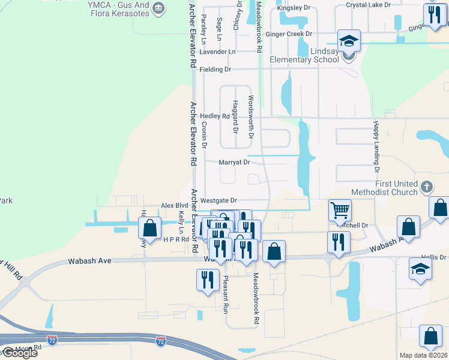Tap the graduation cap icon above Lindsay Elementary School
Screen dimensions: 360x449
tap(349, 41)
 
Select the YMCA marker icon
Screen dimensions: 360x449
tap(158, 7)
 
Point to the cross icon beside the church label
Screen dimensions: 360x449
tap(426, 186)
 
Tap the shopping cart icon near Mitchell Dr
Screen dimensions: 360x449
tap(340, 211)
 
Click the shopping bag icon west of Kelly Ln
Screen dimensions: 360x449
tap(149, 228)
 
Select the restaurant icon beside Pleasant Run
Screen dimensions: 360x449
tap(207, 280)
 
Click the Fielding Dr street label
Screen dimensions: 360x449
tap(215, 70)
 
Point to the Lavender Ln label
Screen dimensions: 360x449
tap(217, 52)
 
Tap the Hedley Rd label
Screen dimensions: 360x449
tap(215, 116)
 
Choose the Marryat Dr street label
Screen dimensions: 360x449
tap(234, 162)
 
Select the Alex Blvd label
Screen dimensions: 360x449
tap(175, 205)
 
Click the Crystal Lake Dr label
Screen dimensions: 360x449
tap(368, 5)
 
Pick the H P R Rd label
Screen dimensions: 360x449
tap(176, 239)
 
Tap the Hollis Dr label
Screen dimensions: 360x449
tap(435, 257)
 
